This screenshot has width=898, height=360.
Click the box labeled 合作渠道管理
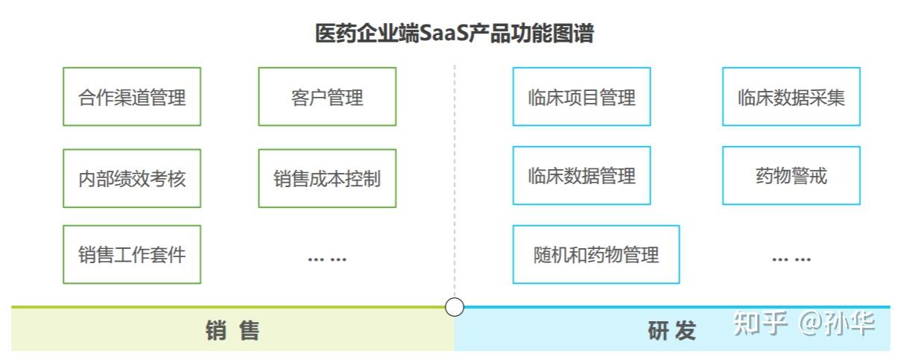pyautogui.click(x=132, y=97)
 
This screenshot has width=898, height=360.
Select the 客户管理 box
pyautogui.click(x=327, y=97)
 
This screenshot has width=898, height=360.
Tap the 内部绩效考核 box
pyautogui.click(x=132, y=178)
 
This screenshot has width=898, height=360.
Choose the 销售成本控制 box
pyautogui.click(x=327, y=178)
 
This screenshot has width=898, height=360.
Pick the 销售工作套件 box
pyautogui.click(x=132, y=254)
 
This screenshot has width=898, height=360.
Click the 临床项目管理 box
pyautogui.click(x=581, y=97)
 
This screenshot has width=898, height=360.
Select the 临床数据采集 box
pyautogui.click(x=791, y=97)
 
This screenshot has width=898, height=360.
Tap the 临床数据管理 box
pyautogui.click(x=581, y=175)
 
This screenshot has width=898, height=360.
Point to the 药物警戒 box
pyautogui.click(x=791, y=175)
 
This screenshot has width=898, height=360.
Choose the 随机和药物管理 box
pyautogui.click(x=595, y=254)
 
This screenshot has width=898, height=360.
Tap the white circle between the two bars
pyautogui.click(x=455, y=306)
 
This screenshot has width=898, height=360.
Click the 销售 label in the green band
pyautogui.click(x=233, y=330)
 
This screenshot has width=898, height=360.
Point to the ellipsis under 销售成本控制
pyautogui.click(x=327, y=259)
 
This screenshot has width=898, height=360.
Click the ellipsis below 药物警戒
pyautogui.click(x=791, y=259)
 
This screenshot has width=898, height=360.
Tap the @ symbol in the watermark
pyautogui.click(x=810, y=323)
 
